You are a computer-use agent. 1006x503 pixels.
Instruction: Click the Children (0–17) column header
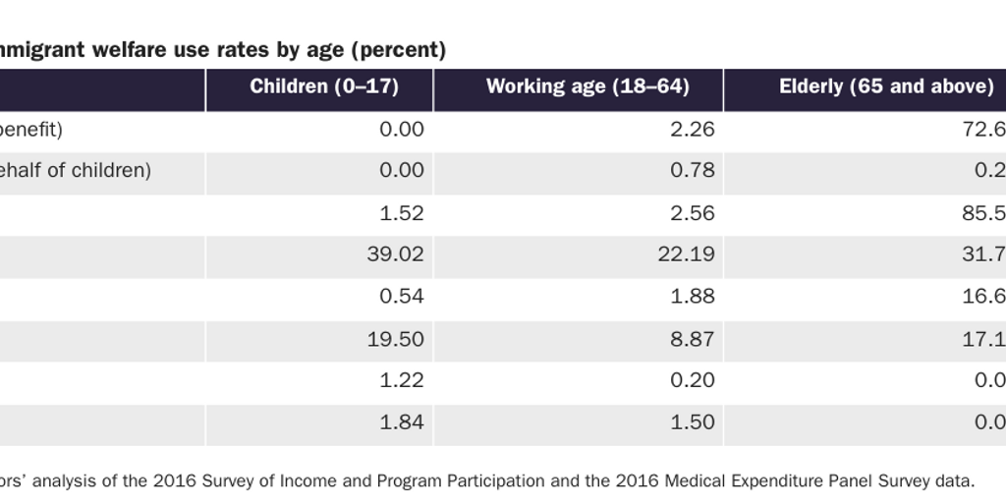[x=323, y=86]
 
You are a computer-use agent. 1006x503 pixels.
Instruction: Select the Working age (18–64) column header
[x=587, y=86]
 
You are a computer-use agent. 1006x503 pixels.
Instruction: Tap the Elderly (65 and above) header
[x=886, y=86]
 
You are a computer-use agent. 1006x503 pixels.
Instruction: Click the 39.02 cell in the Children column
[x=394, y=254]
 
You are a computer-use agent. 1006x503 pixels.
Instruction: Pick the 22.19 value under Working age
[x=685, y=254]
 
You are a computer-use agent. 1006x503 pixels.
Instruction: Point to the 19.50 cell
[x=394, y=339]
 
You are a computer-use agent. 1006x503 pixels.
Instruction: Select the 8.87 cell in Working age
[x=690, y=339]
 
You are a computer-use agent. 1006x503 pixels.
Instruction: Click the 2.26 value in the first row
[x=690, y=129]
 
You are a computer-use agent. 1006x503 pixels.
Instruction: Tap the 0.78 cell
[x=690, y=171]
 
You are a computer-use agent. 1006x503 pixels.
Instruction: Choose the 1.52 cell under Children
[x=399, y=213]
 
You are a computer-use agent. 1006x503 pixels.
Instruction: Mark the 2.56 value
[x=690, y=213]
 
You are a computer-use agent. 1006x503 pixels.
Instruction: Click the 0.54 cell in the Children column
[x=399, y=297]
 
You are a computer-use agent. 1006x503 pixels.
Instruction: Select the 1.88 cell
[x=690, y=297]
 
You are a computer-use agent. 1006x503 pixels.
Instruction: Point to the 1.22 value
[x=399, y=381]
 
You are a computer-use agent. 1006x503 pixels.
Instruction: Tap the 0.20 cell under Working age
[x=690, y=381]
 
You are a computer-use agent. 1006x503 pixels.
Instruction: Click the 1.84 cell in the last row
[x=399, y=423]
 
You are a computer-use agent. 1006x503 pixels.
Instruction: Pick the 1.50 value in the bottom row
[x=690, y=423]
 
